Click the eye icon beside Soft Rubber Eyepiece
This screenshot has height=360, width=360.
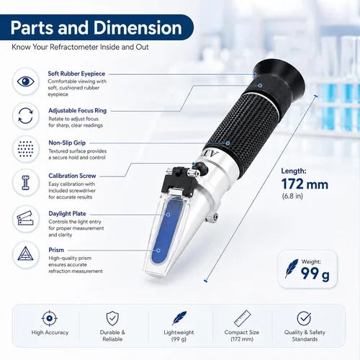[x=25, y=81]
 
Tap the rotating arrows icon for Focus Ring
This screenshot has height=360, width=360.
[x=25, y=116]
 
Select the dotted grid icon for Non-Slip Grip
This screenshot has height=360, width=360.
[x=25, y=149]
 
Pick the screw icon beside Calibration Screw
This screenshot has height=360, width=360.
[x=25, y=183]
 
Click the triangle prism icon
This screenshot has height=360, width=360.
[x=25, y=253]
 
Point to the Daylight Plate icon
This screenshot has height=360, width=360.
[x=25, y=218]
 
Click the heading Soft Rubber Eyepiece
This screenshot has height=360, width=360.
[x=76, y=73]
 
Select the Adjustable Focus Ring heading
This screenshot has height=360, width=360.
[x=78, y=111]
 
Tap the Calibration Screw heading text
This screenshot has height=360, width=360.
[x=72, y=176]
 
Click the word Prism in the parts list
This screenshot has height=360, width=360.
[x=56, y=250]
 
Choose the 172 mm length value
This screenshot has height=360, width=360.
[x=305, y=184]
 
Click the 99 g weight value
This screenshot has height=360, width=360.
[x=315, y=274]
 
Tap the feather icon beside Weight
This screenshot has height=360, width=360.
[x=292, y=268]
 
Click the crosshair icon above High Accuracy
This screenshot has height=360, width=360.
[x=50, y=318]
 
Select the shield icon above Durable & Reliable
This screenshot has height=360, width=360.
[x=112, y=318]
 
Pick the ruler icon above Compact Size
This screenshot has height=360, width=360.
[x=242, y=318]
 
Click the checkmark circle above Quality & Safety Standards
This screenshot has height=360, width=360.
[x=304, y=318]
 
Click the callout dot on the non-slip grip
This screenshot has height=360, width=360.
[x=228, y=143]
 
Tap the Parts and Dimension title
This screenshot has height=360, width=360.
[x=96, y=28]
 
